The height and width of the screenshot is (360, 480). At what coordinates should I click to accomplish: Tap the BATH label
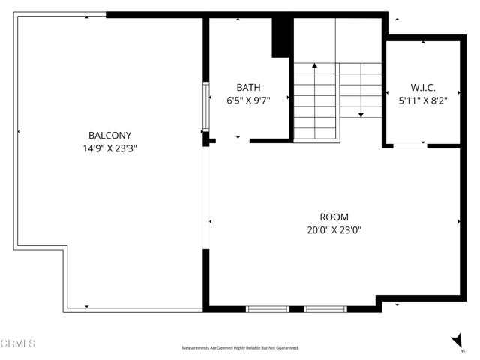[248, 87]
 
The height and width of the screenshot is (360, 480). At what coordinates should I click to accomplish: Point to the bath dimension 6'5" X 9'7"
[248, 100]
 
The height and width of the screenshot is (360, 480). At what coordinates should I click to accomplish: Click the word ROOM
[333, 217]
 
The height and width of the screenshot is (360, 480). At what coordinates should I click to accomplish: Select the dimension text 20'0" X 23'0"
[333, 230]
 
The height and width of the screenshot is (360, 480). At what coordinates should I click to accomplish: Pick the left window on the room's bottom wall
[268, 308]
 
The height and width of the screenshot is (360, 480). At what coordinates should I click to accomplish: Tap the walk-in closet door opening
[409, 145]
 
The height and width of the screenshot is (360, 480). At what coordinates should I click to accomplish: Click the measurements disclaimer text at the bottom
[240, 348]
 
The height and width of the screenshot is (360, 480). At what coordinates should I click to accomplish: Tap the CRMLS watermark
[19, 344]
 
